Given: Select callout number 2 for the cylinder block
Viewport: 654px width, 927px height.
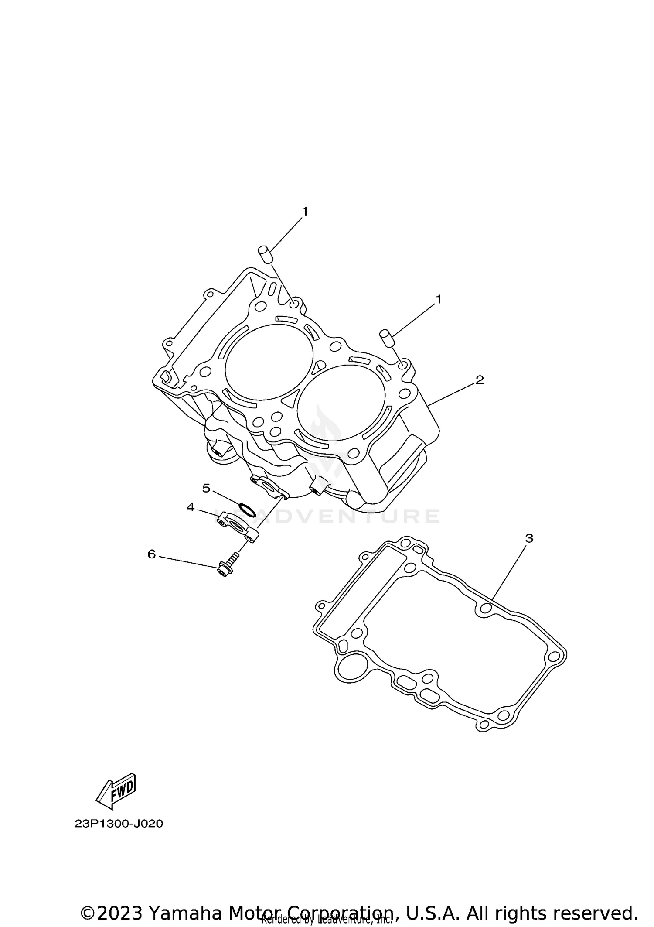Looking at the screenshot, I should (x=480, y=380).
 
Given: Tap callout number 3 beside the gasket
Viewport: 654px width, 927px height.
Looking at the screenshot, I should (x=529, y=538).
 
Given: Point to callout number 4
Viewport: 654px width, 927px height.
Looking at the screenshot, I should (x=191, y=507).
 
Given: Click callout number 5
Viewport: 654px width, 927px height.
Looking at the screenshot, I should (x=206, y=488).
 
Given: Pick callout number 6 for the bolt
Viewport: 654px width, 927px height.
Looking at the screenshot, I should (x=152, y=554).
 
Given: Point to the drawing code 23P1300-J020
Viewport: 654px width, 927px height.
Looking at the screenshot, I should (x=119, y=824).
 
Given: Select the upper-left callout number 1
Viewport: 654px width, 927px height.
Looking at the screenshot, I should (x=305, y=211).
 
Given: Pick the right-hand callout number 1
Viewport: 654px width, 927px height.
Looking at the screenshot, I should (x=439, y=299).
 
